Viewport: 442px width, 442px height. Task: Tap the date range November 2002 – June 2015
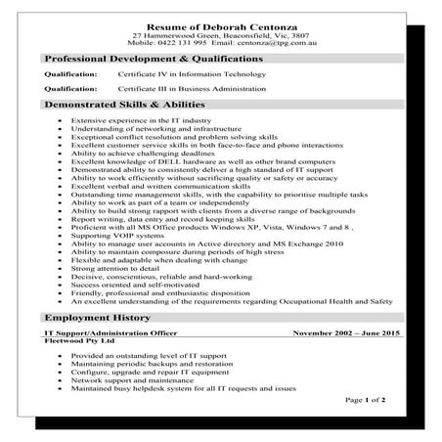pyautogui.click(x=346, y=334)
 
